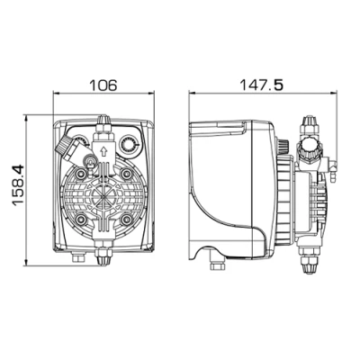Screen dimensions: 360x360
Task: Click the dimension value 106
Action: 103,85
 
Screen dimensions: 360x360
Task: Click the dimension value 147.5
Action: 261,85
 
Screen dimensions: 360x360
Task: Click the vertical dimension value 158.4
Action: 18,184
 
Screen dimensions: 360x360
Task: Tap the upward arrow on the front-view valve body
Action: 103,151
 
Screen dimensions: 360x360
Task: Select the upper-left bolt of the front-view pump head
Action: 81,173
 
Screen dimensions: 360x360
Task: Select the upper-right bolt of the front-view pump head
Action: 126,173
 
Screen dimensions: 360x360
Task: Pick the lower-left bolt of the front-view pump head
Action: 81,220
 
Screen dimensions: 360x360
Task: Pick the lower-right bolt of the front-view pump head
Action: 126,220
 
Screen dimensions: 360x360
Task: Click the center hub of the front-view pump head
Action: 103,196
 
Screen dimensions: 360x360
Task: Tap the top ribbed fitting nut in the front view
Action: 103,121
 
